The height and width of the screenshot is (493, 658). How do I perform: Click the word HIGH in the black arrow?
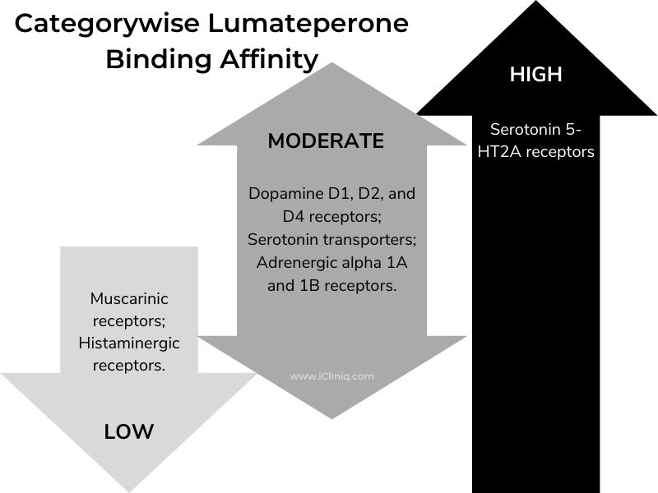[x=535, y=75]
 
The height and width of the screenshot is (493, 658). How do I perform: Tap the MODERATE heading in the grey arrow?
[x=326, y=141]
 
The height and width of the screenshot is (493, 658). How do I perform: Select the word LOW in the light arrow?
[x=129, y=431]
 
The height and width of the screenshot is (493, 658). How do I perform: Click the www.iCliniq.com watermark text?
[x=331, y=376]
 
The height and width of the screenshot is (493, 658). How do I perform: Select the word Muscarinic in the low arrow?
[x=129, y=300]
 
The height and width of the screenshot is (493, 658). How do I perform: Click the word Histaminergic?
[x=129, y=343]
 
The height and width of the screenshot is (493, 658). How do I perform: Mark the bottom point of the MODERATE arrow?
[x=331, y=417]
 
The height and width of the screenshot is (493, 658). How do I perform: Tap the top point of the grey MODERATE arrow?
[x=331, y=64]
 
